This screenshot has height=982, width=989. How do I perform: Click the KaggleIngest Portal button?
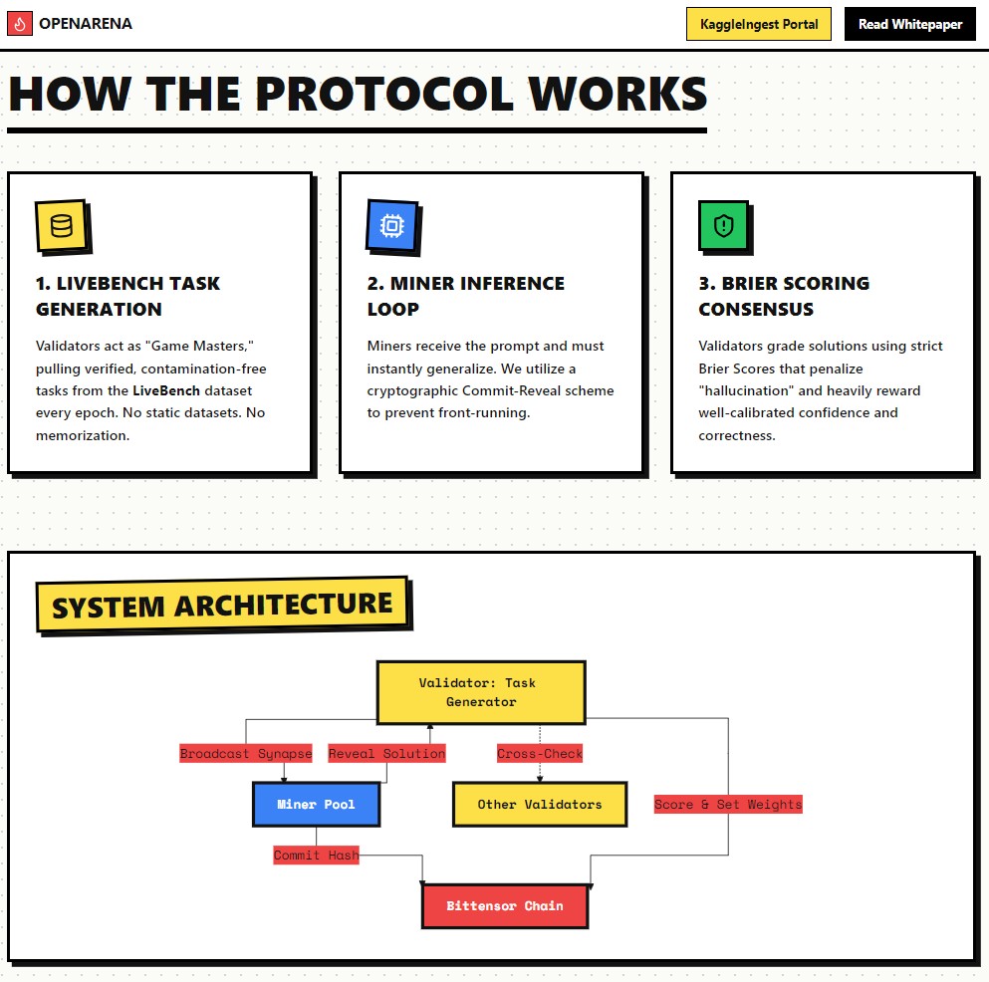(x=759, y=24)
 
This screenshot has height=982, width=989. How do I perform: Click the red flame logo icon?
(x=19, y=24)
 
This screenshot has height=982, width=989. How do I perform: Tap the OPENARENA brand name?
(x=86, y=24)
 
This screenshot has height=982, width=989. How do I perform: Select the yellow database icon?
(x=62, y=226)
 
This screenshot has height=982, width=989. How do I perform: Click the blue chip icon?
(x=392, y=226)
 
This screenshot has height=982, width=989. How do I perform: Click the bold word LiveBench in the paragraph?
(x=166, y=390)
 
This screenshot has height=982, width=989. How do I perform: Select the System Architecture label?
(x=222, y=606)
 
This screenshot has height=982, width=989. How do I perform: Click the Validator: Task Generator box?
(x=480, y=692)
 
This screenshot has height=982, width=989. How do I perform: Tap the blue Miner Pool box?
(x=316, y=804)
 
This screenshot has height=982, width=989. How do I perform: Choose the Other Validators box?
(x=539, y=804)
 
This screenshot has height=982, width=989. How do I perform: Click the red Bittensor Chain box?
(x=504, y=905)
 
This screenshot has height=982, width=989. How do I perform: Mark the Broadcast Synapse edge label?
(x=246, y=753)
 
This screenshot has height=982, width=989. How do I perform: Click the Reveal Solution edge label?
(x=386, y=753)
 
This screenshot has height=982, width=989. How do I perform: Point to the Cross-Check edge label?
(x=540, y=753)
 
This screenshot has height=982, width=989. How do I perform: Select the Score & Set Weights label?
(x=727, y=804)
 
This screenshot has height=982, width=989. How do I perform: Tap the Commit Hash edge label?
(x=316, y=855)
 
